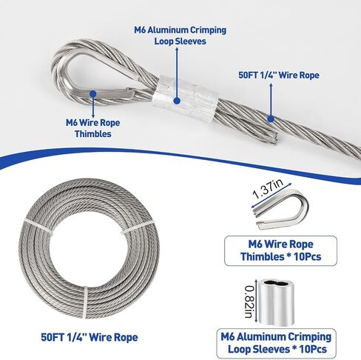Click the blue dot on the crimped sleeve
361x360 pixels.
pos(177,101)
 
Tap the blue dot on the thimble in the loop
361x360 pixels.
pos(93,93)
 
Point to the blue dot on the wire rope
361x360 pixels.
pos(271,119)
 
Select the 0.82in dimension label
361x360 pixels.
pos(248,301)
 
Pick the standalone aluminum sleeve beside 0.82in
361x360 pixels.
pos(276,302)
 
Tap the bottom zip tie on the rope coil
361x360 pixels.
pos(85,301)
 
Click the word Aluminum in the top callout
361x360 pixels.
pos(170,30)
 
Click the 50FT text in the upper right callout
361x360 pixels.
pos(249,75)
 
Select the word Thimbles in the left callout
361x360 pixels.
pos(93,134)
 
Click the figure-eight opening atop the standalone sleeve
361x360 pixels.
pos(276,283)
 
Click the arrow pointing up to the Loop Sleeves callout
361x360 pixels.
pos(177,72)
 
